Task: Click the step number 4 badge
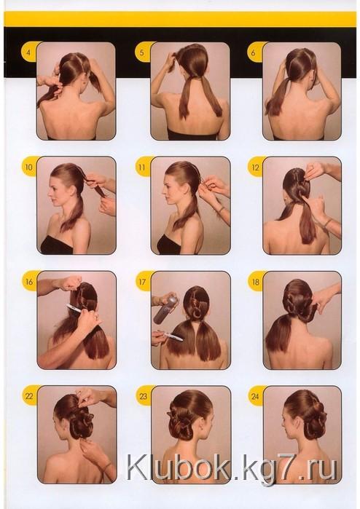[x=28, y=52]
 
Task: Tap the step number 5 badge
[x=142, y=52]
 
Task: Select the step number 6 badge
[x=254, y=52]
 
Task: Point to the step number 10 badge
[x=29, y=167]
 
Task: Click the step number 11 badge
[x=142, y=167]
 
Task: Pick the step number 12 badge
[x=255, y=167]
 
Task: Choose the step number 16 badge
[x=29, y=281]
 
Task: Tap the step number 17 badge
[x=143, y=281]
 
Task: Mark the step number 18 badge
[x=255, y=281]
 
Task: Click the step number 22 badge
[x=29, y=395]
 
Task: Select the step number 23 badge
[x=144, y=395]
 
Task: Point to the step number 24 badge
[x=256, y=395]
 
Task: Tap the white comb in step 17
[x=173, y=336]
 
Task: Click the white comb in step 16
[x=75, y=309]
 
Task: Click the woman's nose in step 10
[x=49, y=196]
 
